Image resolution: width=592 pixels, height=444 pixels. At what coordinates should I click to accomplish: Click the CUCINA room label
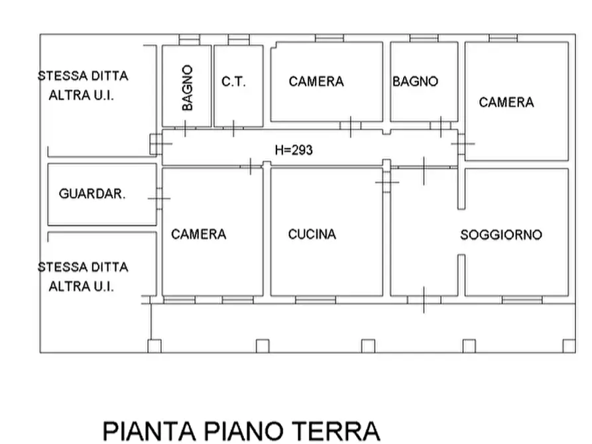click(x=312, y=234)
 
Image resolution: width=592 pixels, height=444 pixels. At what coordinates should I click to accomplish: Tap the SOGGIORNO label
click(x=501, y=235)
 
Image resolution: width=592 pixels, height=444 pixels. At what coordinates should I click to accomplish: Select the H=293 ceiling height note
click(x=293, y=150)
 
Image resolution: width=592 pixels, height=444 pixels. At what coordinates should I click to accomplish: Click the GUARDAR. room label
click(x=92, y=194)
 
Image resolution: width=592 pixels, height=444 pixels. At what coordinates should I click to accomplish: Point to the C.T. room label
click(x=233, y=82)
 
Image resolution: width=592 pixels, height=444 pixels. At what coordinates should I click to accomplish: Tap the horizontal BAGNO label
click(x=415, y=82)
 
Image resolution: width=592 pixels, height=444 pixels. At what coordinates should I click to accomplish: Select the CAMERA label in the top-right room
click(x=506, y=102)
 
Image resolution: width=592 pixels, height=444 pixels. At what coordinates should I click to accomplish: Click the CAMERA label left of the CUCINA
click(x=198, y=234)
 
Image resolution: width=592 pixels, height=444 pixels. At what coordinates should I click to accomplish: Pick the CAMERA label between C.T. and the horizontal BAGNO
click(x=316, y=82)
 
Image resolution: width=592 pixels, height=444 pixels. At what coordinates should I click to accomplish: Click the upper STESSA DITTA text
click(x=83, y=76)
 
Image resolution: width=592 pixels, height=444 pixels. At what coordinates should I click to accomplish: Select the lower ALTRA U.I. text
click(x=82, y=286)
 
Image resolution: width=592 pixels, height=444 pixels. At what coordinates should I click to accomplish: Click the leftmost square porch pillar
click(x=154, y=345)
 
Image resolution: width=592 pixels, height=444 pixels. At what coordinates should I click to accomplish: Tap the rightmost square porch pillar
click(x=569, y=345)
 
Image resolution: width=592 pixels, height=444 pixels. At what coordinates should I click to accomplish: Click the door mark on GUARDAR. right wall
click(x=158, y=197)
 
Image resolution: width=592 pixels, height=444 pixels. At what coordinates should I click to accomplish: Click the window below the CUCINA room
click(x=315, y=300)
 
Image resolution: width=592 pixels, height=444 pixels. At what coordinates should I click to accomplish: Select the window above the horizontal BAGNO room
click(x=424, y=38)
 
